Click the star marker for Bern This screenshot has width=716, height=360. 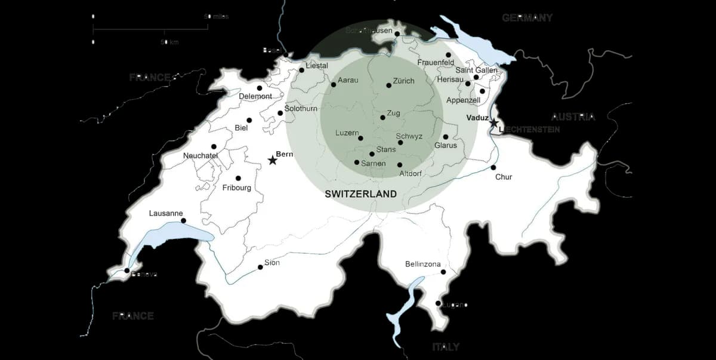click(273, 160)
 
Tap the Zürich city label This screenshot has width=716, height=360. click(403, 81)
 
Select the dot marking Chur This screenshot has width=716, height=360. click(493, 167)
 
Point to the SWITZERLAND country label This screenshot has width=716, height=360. click(360, 193)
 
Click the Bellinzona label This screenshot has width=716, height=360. click(422, 264)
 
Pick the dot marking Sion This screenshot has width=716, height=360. click(260, 267)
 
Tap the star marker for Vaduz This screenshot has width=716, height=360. click(494, 123)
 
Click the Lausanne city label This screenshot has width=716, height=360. click(166, 213)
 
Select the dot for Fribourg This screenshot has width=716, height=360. click(238, 178)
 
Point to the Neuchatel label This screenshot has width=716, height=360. click(200, 156)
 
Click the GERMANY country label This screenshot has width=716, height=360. click(527, 18)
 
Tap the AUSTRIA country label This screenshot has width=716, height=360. click(573, 116)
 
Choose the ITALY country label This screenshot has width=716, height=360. click(446, 346)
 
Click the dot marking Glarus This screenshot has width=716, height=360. click(445, 137)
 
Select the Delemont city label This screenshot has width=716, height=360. click(255, 96)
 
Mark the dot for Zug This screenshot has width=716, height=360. click(383, 117)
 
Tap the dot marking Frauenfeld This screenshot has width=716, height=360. click(448, 55)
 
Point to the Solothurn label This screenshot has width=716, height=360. click(301, 109)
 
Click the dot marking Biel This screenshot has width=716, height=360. click(249, 120)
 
